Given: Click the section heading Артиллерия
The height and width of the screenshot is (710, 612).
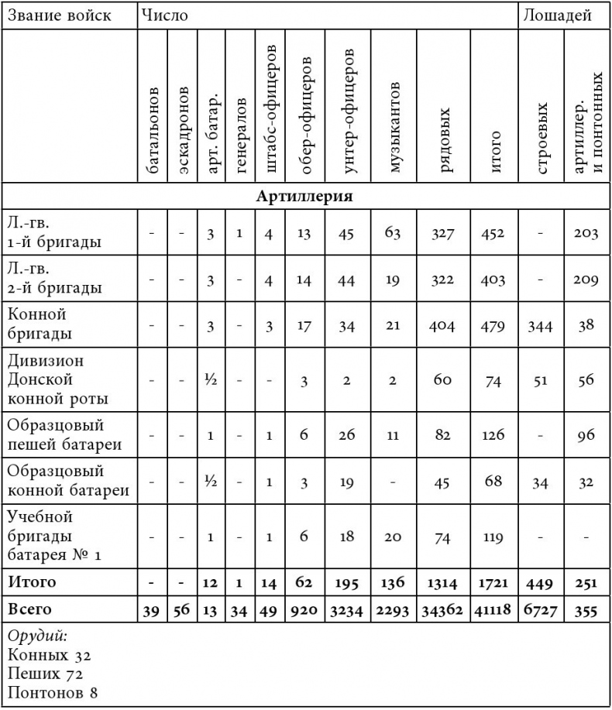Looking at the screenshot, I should (304, 195).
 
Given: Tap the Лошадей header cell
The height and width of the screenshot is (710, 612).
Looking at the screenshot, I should (557, 15).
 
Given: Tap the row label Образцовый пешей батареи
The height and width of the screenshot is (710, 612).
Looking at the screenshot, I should (54, 435).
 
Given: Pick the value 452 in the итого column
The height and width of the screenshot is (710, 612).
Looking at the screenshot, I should (494, 231).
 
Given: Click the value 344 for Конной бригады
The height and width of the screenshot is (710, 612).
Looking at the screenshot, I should (541, 326).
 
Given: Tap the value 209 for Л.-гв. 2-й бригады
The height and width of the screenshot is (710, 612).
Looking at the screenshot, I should (586, 280).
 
